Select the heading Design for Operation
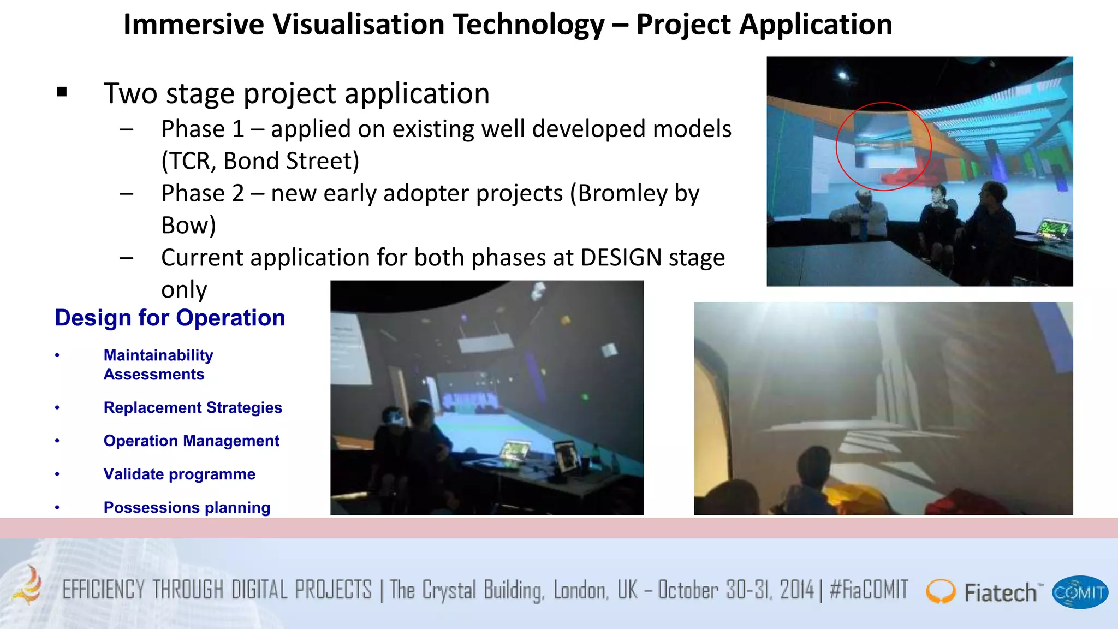pos(170,318)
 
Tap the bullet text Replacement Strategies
pos(193,408)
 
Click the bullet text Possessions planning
pos(187,508)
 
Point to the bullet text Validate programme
pos(179,474)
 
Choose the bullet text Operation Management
pos(191,441)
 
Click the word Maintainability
pos(158,355)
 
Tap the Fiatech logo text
pos(1000,593)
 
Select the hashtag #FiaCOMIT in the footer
pos(869,590)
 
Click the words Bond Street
pos(291,161)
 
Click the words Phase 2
pos(203,193)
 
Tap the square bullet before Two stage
pos(62,92)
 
